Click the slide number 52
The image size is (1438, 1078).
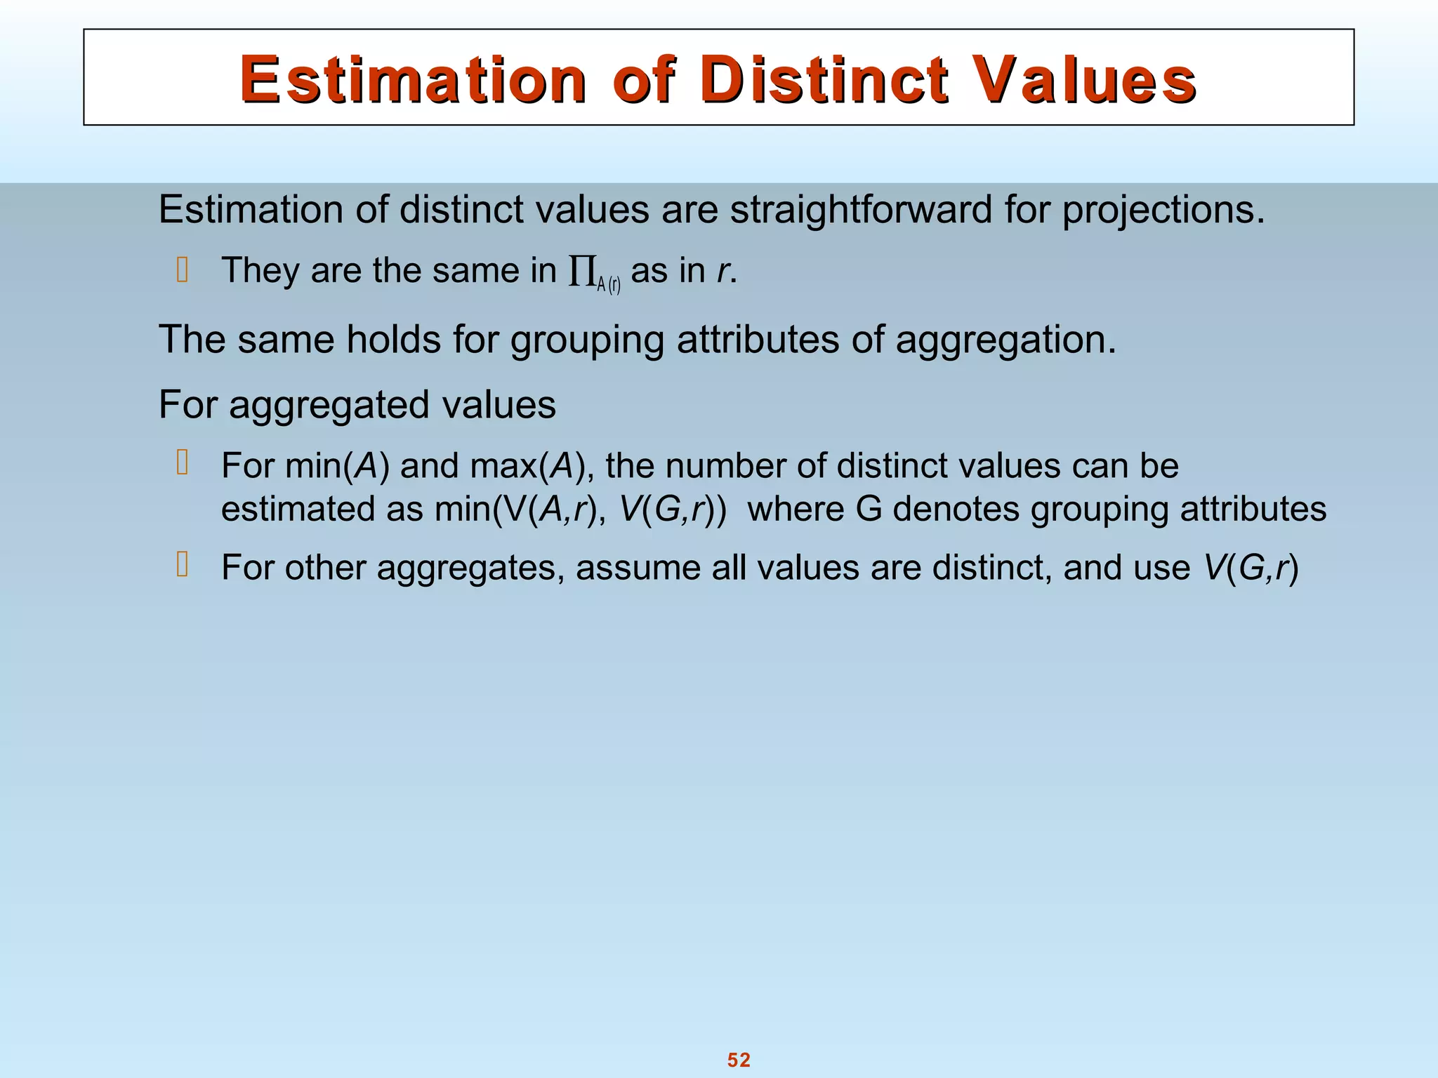(x=739, y=1060)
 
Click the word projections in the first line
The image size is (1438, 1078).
(x=1162, y=211)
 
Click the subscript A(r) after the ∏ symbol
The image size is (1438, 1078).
(x=609, y=284)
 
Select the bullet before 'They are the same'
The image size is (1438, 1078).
(x=183, y=270)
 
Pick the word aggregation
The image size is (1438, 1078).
(x=1005, y=340)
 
